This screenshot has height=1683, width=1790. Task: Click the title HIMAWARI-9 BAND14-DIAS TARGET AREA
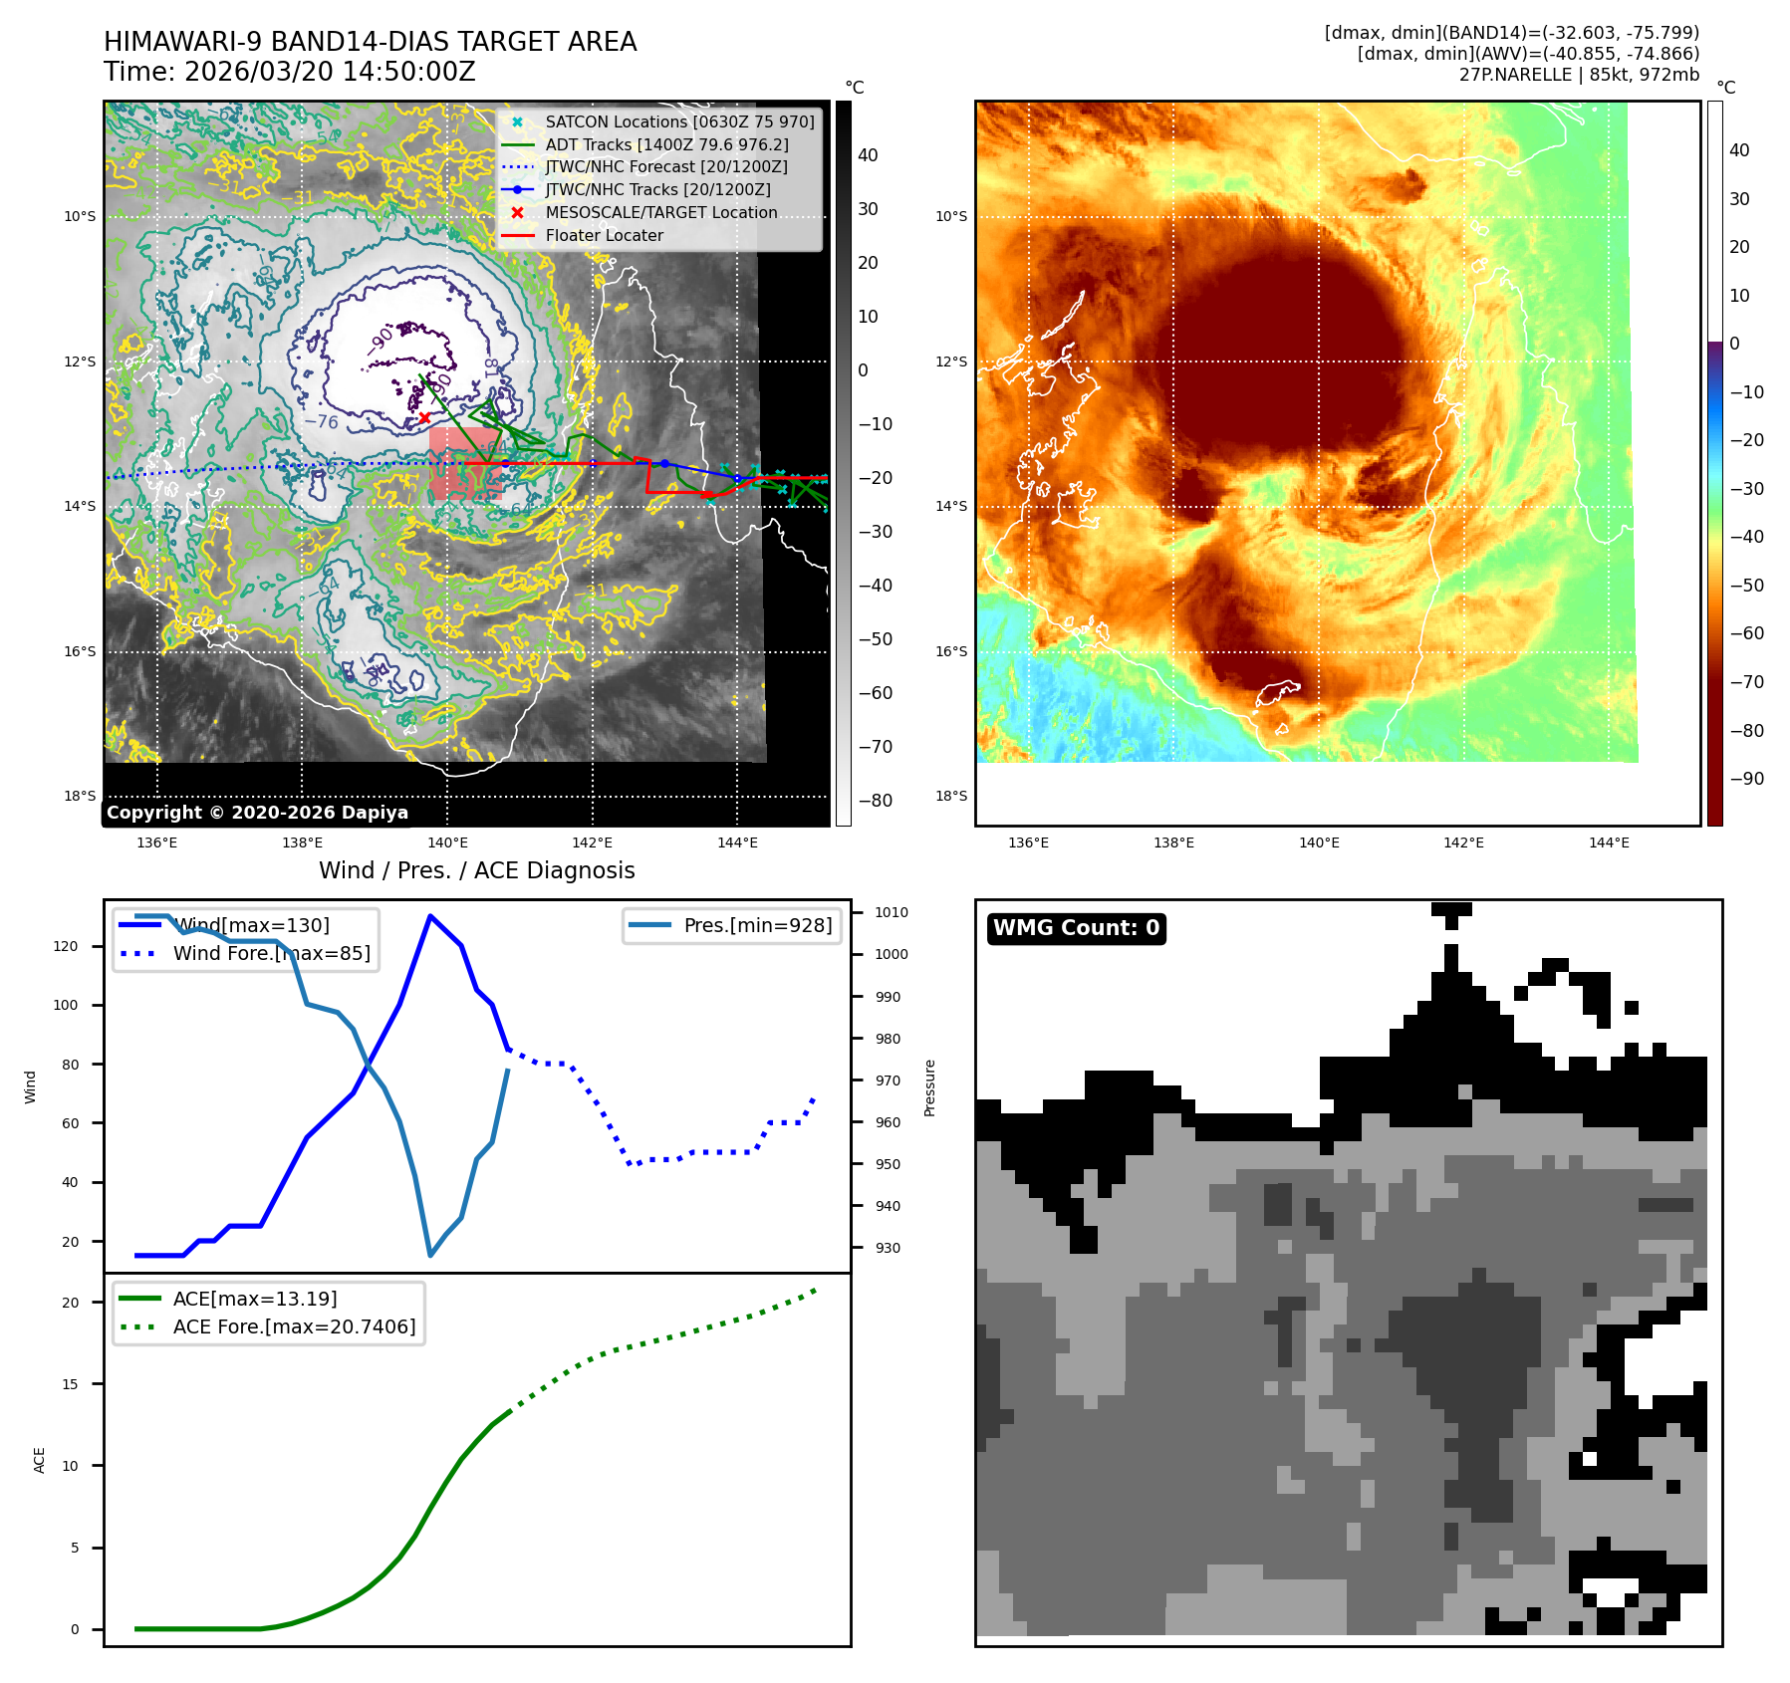coord(370,42)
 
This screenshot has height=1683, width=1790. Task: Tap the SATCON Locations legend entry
coord(679,121)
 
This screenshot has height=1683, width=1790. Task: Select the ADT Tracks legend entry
coord(666,144)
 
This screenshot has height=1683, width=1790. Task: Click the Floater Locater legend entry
coord(604,235)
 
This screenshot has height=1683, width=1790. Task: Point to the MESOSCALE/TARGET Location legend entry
coord(660,212)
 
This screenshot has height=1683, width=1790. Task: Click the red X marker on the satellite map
coord(424,418)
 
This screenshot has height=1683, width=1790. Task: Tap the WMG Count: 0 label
coord(1076,928)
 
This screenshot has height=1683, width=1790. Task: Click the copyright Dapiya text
coord(257,813)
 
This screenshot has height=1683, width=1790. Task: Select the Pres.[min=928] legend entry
coord(757,925)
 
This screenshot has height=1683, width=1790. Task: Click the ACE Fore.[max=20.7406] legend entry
coord(294,1326)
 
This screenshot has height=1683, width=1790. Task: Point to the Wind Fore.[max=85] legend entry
coord(271,953)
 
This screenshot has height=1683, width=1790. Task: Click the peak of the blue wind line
coord(429,916)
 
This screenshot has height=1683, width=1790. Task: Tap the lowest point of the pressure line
coord(430,1255)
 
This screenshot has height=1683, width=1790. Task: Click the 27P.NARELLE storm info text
coord(1579,75)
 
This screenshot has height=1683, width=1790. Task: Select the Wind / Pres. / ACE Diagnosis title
coord(476,870)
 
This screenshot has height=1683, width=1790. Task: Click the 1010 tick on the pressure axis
coord(891,912)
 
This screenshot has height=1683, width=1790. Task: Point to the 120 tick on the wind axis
coord(66,946)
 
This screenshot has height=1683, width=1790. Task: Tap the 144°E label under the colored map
coord(1609,842)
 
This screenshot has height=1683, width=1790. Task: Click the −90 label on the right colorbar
coord(1746,779)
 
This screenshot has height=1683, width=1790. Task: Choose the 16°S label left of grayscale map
coord(81,651)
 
